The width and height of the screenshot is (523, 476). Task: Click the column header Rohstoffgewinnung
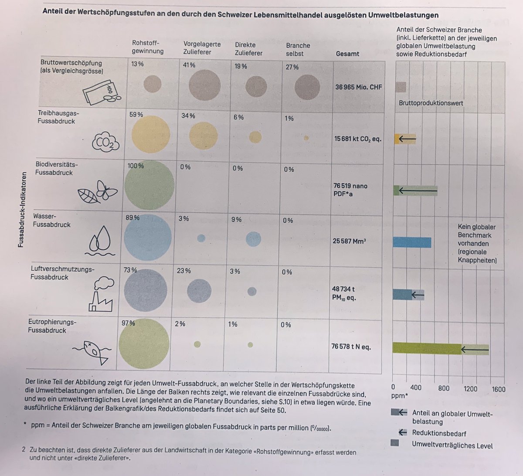click(x=148, y=47)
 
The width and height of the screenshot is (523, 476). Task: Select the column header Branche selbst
click(x=298, y=49)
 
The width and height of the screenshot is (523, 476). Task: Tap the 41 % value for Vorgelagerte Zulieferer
click(x=189, y=65)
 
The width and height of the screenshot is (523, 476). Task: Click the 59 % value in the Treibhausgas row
click(x=136, y=115)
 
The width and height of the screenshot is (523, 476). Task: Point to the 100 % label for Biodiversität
click(x=136, y=166)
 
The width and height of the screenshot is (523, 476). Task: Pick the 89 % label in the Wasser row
click(x=132, y=218)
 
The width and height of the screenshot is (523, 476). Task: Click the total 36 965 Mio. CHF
click(x=358, y=87)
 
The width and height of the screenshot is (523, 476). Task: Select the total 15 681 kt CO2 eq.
click(x=357, y=139)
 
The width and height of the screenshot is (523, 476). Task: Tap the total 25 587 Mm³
click(x=349, y=241)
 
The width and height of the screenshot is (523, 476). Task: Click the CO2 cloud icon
click(x=105, y=141)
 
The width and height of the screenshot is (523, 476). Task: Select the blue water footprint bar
click(x=412, y=242)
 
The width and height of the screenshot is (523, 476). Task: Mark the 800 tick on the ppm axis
click(x=443, y=388)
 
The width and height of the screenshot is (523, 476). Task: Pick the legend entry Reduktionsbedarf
click(x=439, y=433)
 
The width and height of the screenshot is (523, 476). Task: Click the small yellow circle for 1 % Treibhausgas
click(x=306, y=138)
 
